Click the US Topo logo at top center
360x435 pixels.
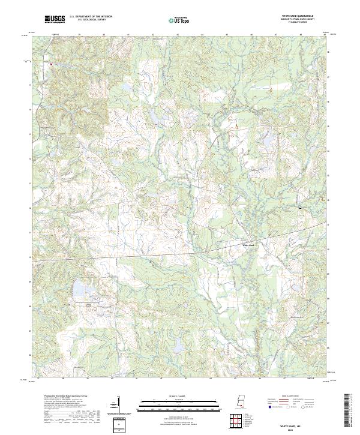point(180,20)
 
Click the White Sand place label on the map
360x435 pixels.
point(248,245)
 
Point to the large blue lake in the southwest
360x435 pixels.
point(79,291)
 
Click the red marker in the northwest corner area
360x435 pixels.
point(51,63)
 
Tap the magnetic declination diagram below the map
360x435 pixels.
point(118,403)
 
